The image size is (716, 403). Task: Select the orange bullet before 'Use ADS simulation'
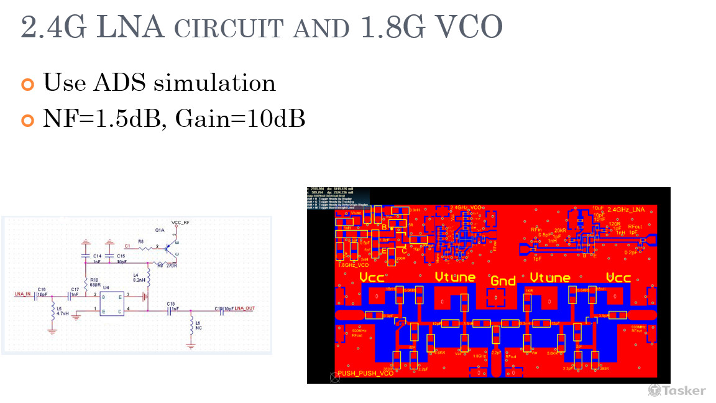coord(27,83)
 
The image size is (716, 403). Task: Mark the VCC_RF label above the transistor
coord(181,222)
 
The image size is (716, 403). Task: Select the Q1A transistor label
coord(160,230)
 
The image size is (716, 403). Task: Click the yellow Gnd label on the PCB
coord(503,280)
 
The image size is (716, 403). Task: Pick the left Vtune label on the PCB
coord(455,277)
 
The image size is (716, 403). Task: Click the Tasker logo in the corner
coord(677,391)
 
